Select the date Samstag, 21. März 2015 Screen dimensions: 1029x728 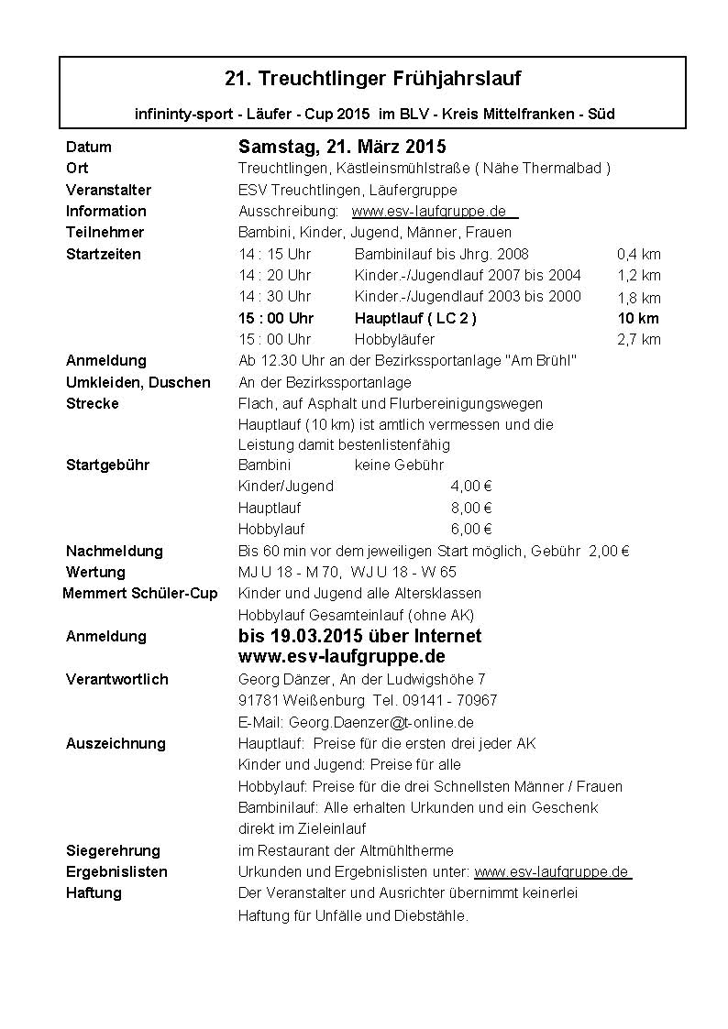click(x=342, y=147)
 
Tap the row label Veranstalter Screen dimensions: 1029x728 click(x=108, y=190)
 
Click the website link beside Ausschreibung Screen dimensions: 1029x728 click(x=433, y=211)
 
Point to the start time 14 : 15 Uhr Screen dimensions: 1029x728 click(x=275, y=254)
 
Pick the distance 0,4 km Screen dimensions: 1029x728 click(x=638, y=254)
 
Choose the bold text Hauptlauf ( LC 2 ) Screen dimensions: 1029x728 click(x=415, y=318)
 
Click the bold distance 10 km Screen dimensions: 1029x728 click(x=638, y=318)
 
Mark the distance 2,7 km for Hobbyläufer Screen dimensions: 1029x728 click(x=638, y=339)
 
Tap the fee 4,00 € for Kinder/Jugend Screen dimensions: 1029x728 click(x=471, y=486)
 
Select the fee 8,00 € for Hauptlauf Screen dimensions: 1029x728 click(x=471, y=508)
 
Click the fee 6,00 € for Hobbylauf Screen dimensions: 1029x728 click(x=471, y=529)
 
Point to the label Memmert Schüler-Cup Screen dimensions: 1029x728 click(x=140, y=593)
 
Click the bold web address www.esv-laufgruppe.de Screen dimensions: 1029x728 click(x=342, y=657)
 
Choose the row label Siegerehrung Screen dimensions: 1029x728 click(x=113, y=850)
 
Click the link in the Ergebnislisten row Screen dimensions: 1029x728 click(x=552, y=871)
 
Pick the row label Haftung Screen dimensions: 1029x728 click(x=94, y=892)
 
